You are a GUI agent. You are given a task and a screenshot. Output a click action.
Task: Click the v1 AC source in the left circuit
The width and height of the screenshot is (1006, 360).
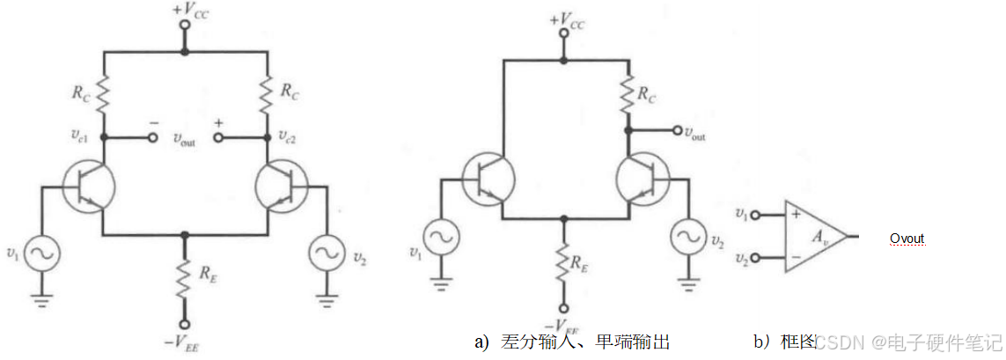(x=40, y=253)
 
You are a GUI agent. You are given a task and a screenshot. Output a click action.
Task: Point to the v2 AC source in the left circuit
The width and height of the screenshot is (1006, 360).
(x=327, y=254)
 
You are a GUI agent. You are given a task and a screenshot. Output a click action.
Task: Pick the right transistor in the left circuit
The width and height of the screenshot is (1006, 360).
(x=281, y=187)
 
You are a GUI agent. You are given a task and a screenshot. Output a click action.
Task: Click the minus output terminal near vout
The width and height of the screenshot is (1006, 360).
(x=152, y=138)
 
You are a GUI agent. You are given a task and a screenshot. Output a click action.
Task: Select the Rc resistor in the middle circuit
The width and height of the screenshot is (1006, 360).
(x=627, y=93)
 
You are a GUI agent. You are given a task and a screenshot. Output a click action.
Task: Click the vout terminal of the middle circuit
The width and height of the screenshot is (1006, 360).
(x=677, y=132)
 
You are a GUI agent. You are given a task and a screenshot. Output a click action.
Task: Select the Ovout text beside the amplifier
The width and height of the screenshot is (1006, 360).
(x=907, y=239)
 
